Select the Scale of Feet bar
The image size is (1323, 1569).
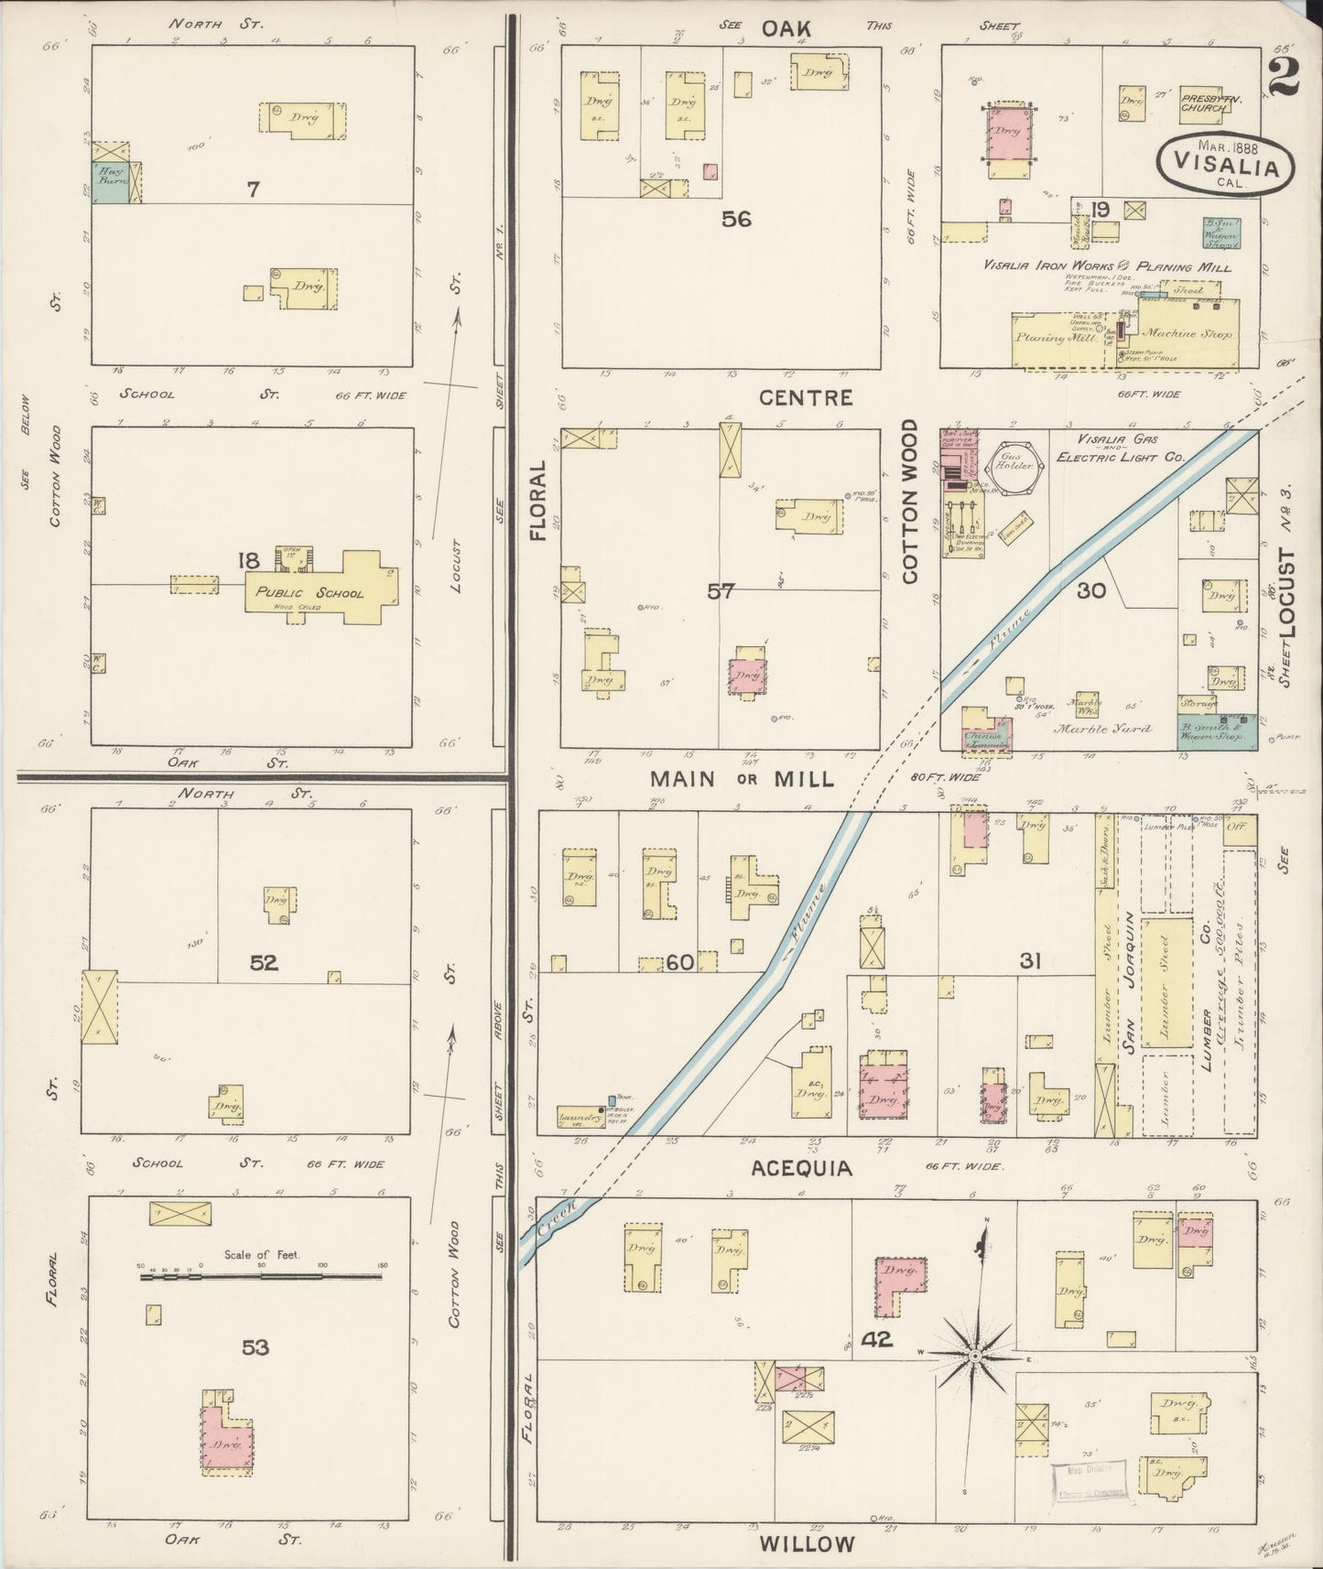(x=263, y=1279)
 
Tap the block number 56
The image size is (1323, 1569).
(x=736, y=220)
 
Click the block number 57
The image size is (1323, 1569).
(x=721, y=591)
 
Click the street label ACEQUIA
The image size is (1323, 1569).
(x=804, y=1169)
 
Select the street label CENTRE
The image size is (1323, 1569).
(x=807, y=398)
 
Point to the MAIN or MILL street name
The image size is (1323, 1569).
(x=743, y=779)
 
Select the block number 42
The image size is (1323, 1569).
(x=877, y=1342)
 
